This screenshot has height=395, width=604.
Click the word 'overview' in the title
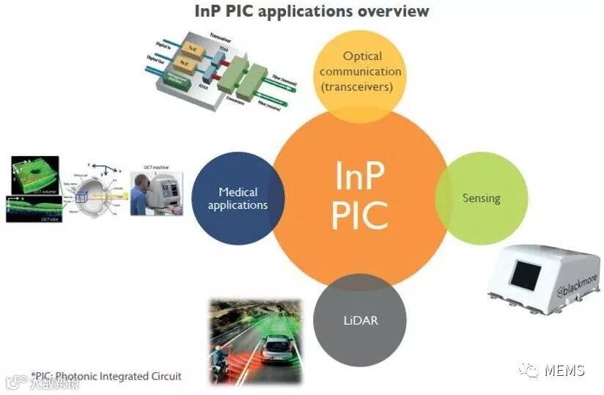(x=391, y=11)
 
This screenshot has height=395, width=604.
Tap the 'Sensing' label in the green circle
(x=481, y=198)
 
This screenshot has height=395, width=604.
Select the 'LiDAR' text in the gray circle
(x=359, y=321)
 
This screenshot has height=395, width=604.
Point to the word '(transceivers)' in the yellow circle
(x=360, y=87)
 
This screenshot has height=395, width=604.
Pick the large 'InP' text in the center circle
(x=359, y=176)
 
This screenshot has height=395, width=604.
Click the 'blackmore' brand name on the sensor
(x=580, y=288)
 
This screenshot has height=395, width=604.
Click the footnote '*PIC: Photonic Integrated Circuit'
(x=106, y=377)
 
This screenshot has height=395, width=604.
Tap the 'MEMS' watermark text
(x=564, y=370)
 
